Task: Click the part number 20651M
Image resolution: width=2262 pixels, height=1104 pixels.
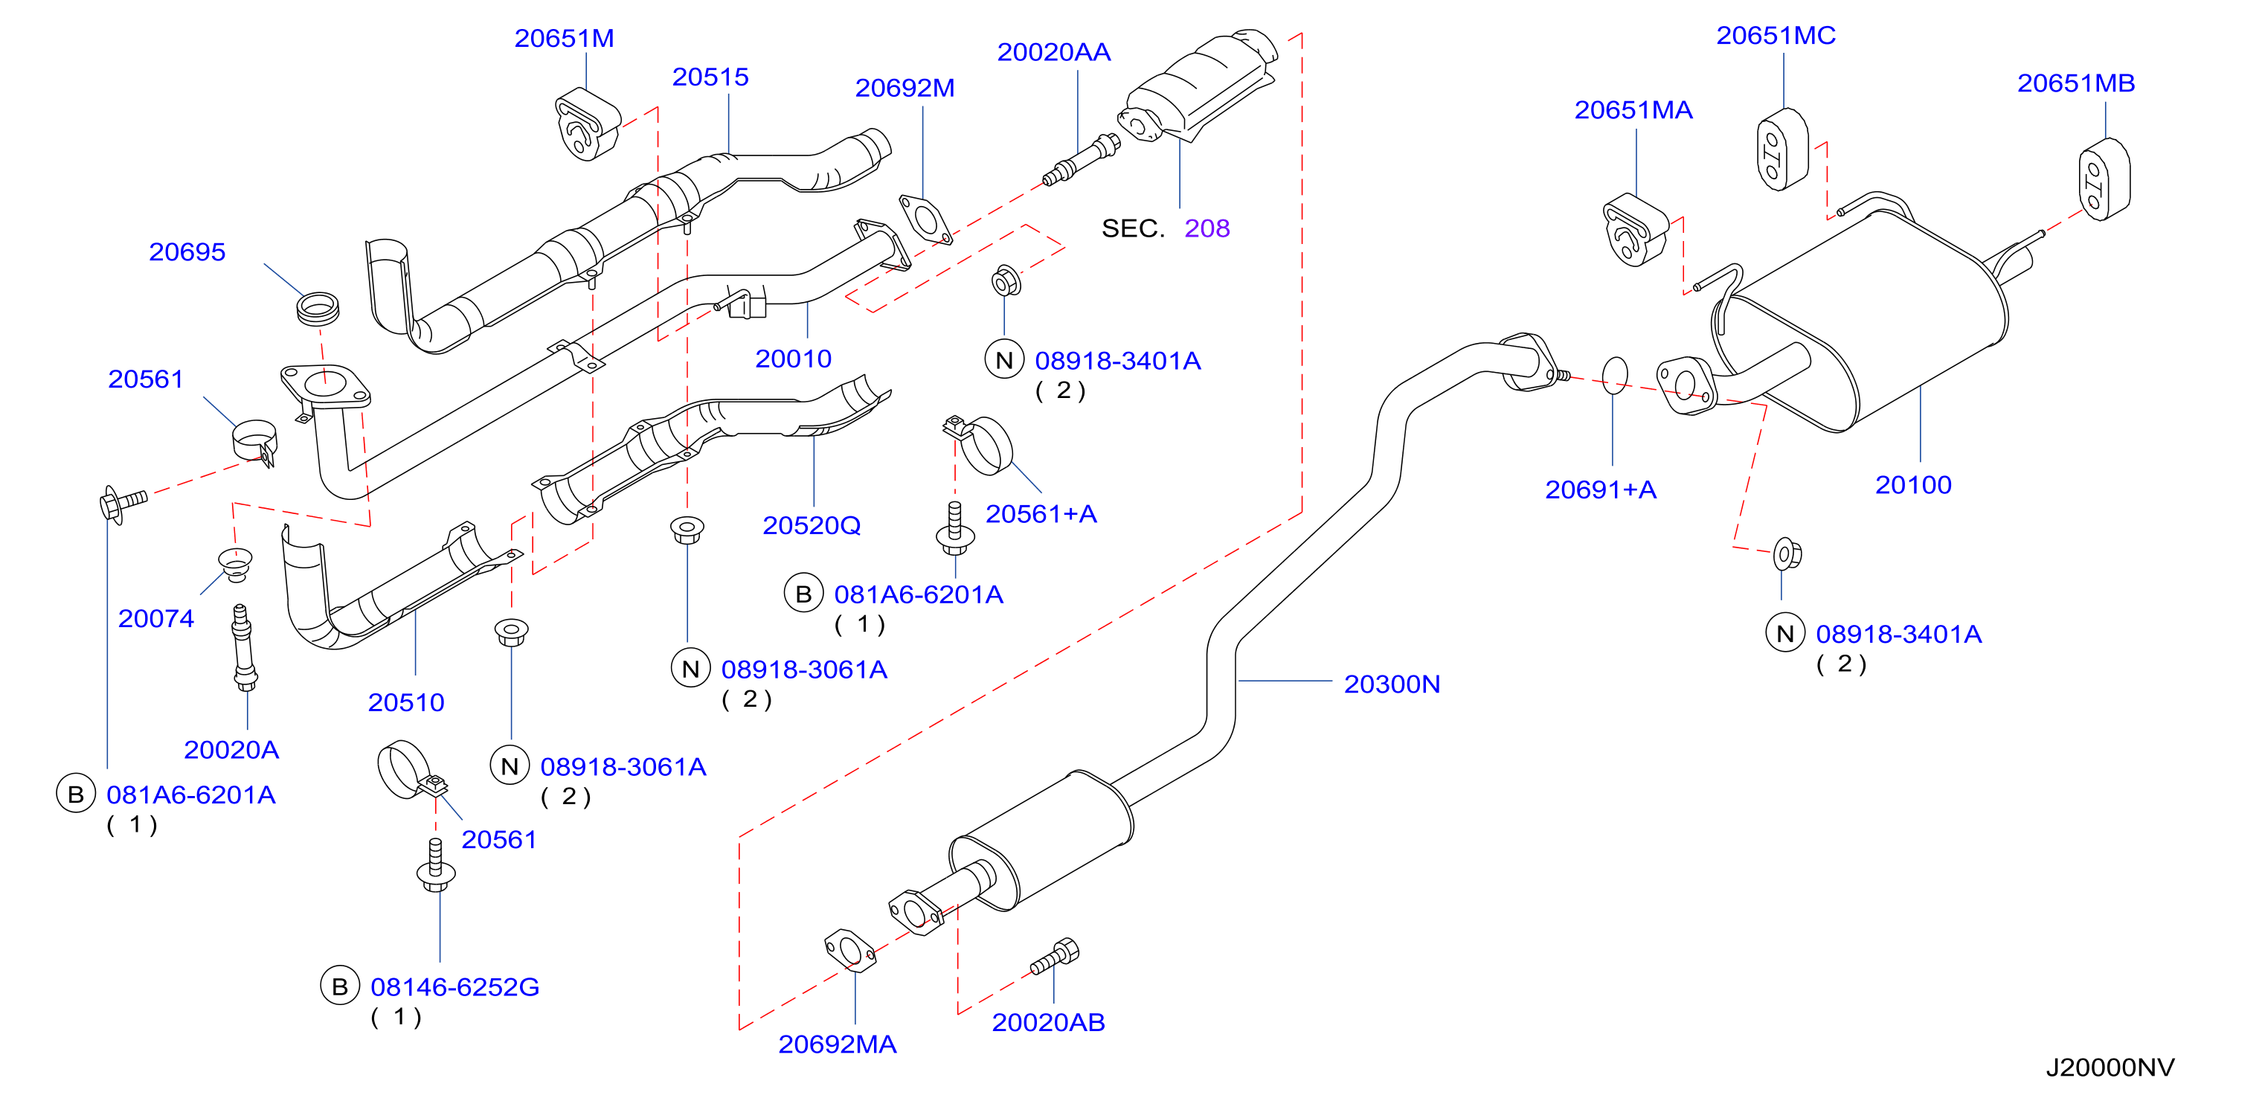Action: click(564, 39)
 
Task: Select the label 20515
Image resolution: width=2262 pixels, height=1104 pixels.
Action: click(710, 77)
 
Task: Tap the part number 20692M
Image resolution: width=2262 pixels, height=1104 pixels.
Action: click(905, 88)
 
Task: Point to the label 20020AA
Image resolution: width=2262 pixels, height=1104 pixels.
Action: click(1054, 53)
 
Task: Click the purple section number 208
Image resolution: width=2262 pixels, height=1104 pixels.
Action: click(1206, 228)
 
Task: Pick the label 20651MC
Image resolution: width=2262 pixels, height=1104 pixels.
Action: click(1776, 36)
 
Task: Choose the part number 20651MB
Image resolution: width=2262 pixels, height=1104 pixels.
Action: click(2076, 83)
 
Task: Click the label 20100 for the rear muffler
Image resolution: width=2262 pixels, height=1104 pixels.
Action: click(1913, 485)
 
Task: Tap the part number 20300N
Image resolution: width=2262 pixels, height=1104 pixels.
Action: click(1392, 684)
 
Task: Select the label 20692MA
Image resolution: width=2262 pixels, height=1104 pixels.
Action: click(837, 1044)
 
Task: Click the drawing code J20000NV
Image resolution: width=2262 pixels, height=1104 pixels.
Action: click(2110, 1068)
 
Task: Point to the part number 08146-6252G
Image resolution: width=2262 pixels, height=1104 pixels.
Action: click(455, 987)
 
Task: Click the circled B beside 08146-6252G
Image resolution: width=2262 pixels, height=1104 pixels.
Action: click(340, 987)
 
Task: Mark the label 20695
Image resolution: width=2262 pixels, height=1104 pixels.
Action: click(187, 252)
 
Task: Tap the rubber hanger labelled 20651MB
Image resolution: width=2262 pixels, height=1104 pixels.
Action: click(2104, 179)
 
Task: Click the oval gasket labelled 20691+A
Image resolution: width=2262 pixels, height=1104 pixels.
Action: click(1615, 376)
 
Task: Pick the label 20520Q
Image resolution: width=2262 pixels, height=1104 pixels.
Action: click(812, 525)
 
